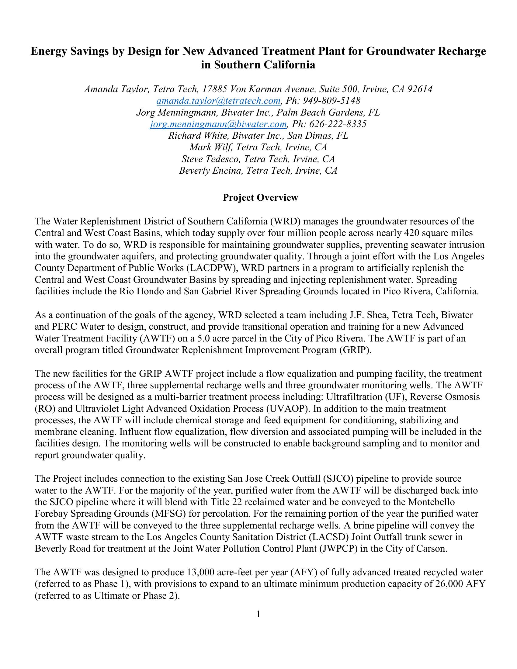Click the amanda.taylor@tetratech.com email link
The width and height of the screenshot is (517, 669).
point(218,100)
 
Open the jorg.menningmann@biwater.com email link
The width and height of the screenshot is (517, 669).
point(218,124)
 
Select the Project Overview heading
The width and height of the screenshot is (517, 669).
point(260,198)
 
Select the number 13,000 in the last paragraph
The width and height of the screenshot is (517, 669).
point(201,572)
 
